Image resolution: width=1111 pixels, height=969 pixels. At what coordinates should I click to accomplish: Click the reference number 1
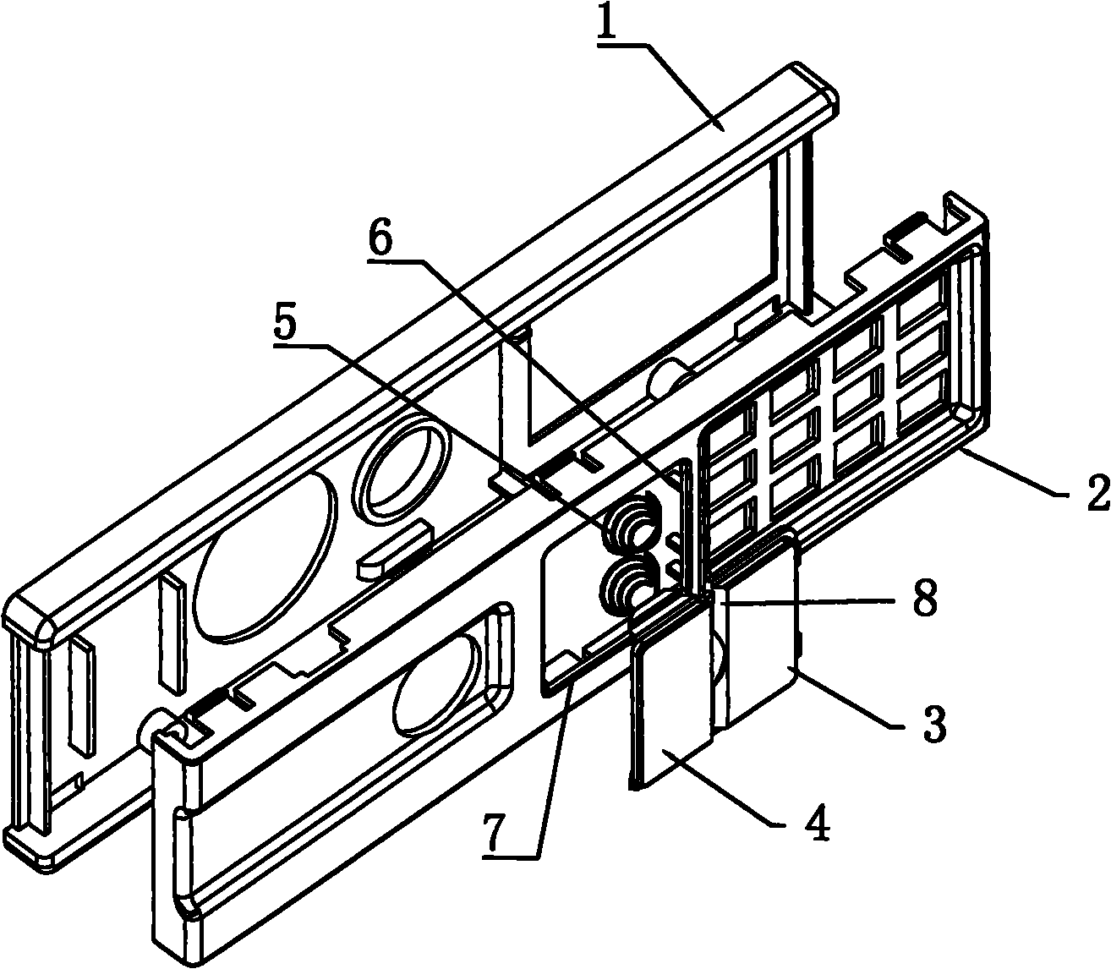click(613, 22)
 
